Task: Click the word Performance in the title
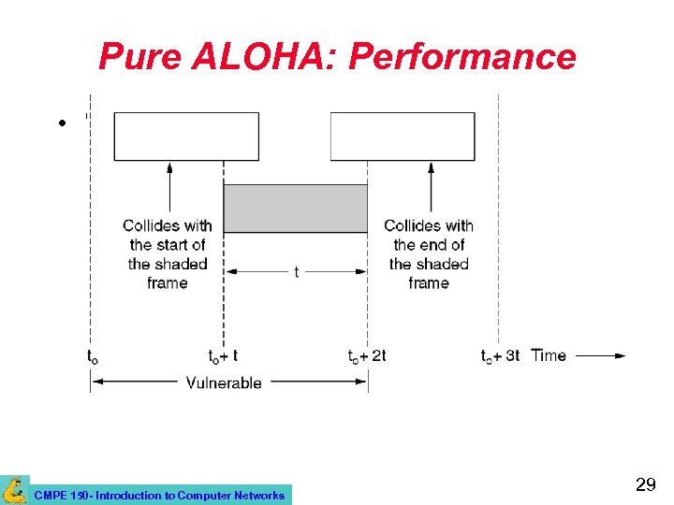(x=462, y=58)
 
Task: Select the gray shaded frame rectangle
(x=295, y=208)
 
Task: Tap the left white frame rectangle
(x=186, y=137)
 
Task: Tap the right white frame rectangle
(x=403, y=137)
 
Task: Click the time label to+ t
(x=223, y=355)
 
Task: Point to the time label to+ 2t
(x=367, y=355)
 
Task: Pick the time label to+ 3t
(x=500, y=355)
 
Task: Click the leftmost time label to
(x=92, y=356)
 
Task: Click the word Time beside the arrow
(x=549, y=355)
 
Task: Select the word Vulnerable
(x=224, y=382)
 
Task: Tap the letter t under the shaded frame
(x=296, y=272)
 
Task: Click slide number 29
(x=645, y=484)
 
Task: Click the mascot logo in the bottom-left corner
(x=14, y=490)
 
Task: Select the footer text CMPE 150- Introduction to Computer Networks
(x=159, y=495)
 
